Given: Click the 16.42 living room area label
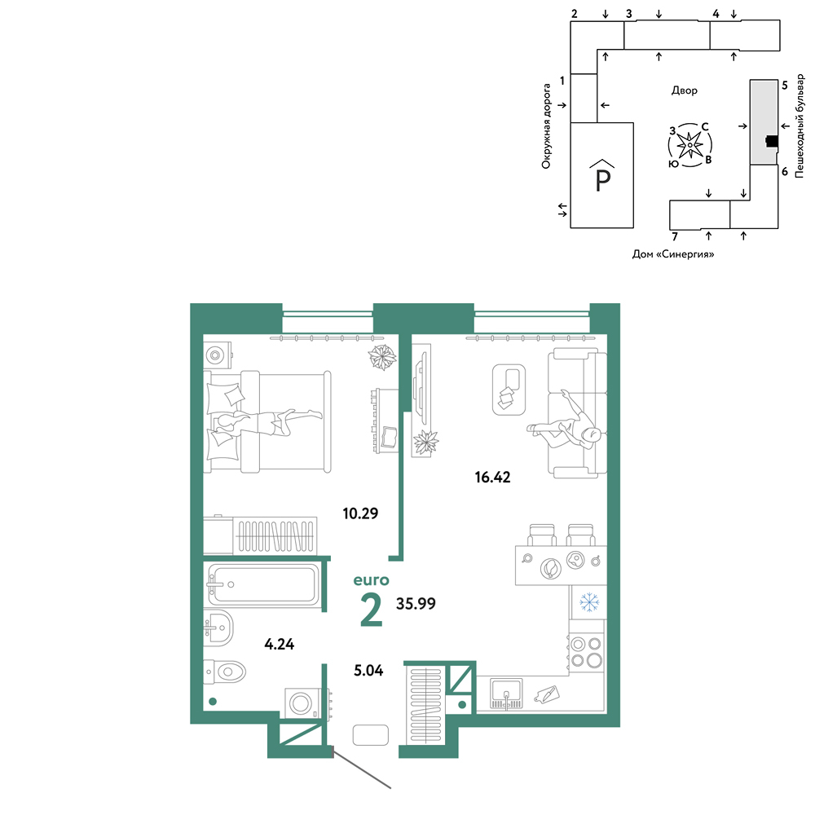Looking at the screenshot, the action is (x=492, y=477).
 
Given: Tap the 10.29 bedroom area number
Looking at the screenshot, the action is (x=360, y=513).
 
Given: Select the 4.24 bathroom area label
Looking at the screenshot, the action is (x=279, y=645).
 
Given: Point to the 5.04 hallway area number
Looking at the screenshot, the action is (x=368, y=671).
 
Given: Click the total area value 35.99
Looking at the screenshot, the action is (x=416, y=603).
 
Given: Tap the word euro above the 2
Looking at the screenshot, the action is (x=371, y=579).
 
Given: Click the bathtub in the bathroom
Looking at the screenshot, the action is (x=263, y=584).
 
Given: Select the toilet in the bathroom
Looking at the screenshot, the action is (x=224, y=672).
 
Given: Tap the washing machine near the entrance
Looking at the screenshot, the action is (x=301, y=703).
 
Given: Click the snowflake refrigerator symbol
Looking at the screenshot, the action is (x=589, y=602).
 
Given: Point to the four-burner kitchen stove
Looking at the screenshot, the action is (x=586, y=652).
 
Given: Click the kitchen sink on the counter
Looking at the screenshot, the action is (x=506, y=694).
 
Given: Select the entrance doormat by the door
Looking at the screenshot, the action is (x=371, y=735).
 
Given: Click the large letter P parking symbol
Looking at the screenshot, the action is (x=602, y=177).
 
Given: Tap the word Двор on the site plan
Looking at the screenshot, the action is (x=684, y=90).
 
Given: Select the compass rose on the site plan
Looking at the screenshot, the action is (x=689, y=146).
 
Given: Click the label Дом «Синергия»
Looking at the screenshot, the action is (x=672, y=254).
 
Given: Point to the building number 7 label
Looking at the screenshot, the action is (x=675, y=237).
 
